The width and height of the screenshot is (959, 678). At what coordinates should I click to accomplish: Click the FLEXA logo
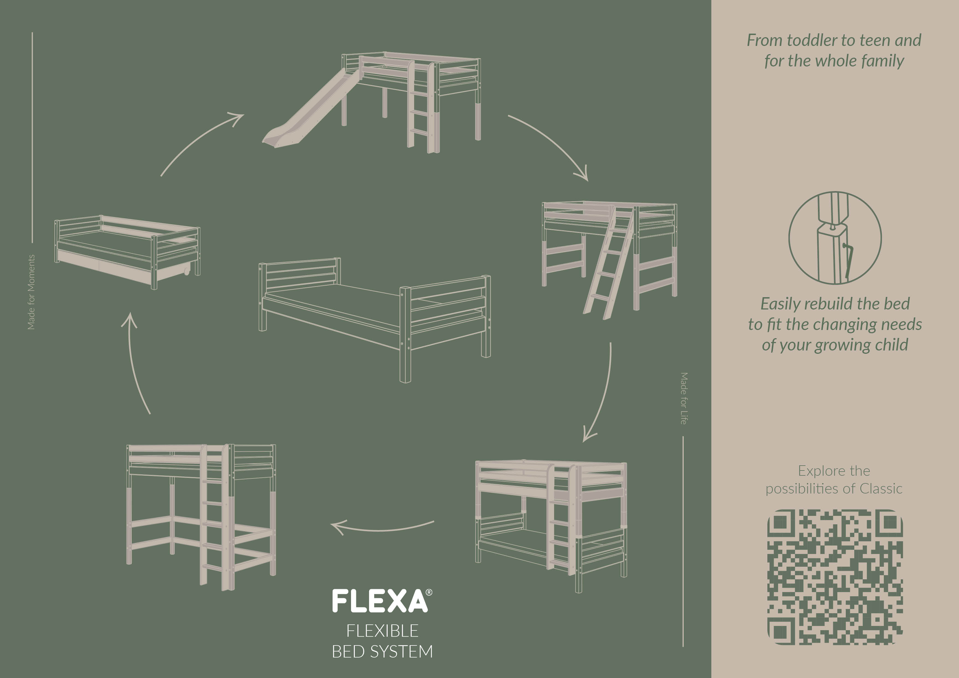[x=382, y=601]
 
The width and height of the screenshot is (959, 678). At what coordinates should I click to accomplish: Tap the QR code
[x=835, y=577]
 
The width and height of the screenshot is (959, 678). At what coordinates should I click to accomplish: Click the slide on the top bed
[x=311, y=109]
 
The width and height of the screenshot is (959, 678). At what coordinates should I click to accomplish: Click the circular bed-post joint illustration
[x=835, y=238]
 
